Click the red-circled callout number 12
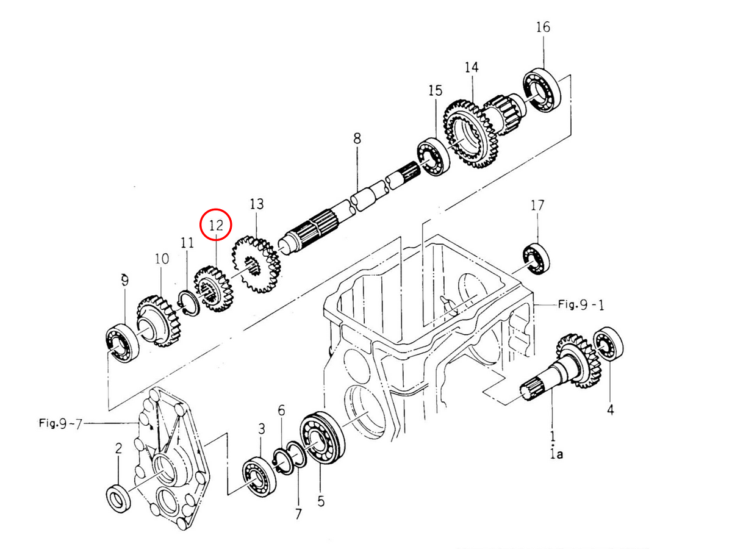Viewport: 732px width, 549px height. point(216,225)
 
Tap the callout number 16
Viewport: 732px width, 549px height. point(543,27)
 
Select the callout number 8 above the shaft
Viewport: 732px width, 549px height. point(357,138)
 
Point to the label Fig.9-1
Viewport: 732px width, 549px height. point(581,304)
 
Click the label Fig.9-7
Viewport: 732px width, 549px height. point(60,423)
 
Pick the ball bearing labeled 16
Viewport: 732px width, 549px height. point(542,90)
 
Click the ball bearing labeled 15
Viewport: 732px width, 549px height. point(433,157)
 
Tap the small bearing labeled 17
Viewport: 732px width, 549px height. point(536,259)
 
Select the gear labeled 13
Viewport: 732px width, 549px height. point(256,264)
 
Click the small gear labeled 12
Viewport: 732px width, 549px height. point(213,289)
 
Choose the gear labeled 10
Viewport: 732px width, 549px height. point(159,321)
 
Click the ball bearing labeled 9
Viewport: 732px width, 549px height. point(122,343)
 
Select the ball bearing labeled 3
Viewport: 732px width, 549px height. point(259,478)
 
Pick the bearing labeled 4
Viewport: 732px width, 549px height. point(609,343)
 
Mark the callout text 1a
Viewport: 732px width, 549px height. point(556,454)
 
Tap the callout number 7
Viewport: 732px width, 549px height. point(298,514)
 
